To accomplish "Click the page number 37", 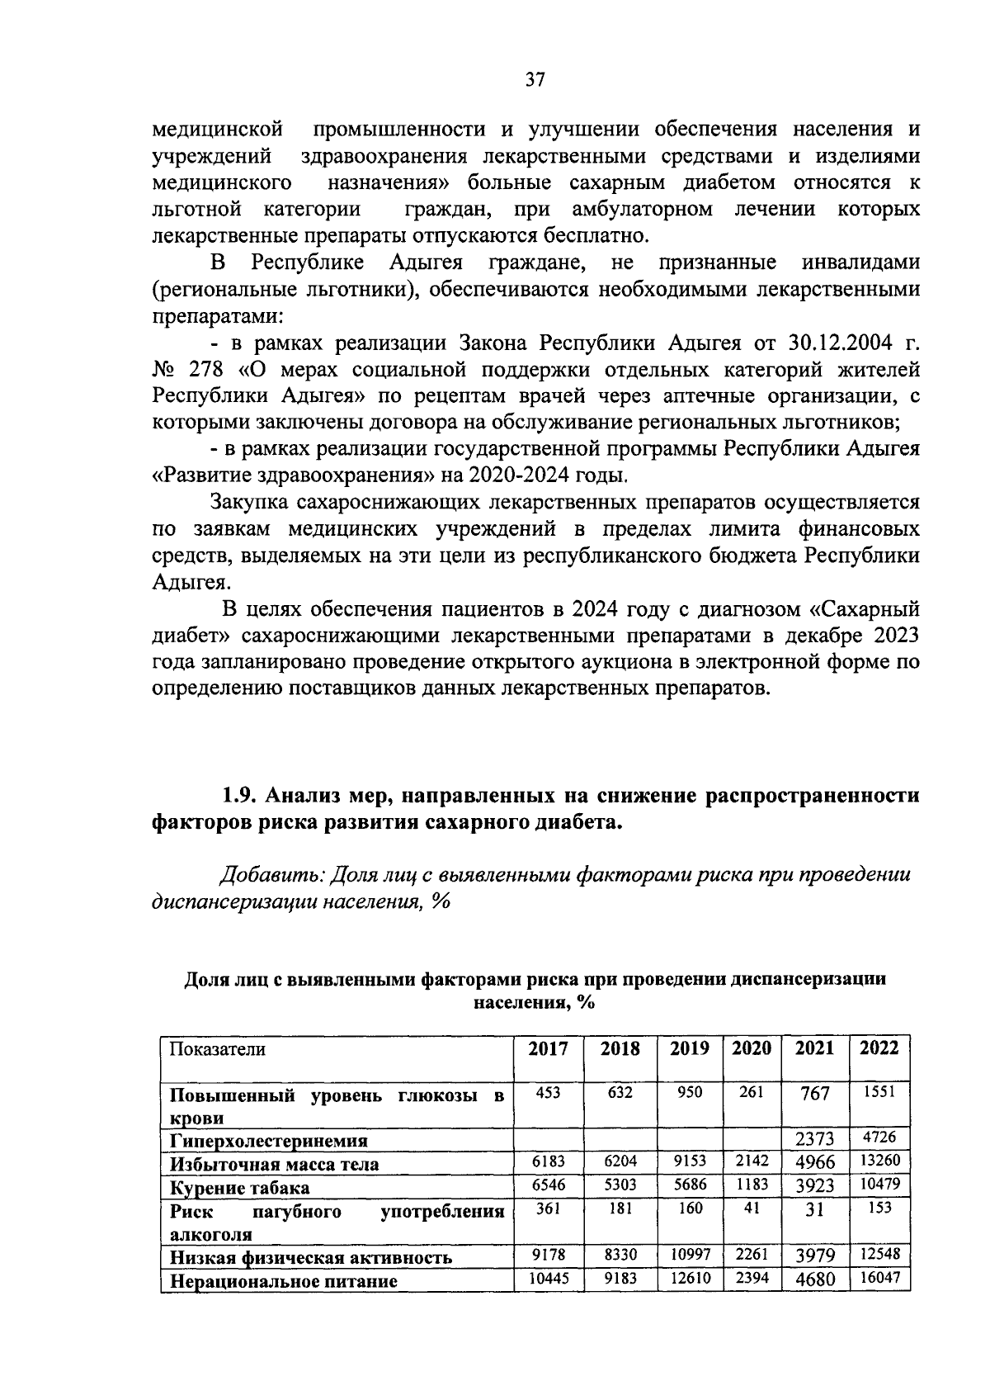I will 535,80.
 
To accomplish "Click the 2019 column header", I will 690,1048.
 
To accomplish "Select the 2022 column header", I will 879,1048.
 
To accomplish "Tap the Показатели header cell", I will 218,1049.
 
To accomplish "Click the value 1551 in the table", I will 879,1092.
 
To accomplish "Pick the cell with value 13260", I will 879,1161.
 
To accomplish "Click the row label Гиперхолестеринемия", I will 269,1141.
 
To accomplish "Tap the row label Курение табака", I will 240,1188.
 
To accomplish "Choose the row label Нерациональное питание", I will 284,1281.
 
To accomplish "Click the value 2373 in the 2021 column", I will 814,1139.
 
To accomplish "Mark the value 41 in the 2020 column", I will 752,1208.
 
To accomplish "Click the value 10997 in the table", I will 690,1254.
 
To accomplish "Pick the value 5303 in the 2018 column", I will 620,1185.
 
